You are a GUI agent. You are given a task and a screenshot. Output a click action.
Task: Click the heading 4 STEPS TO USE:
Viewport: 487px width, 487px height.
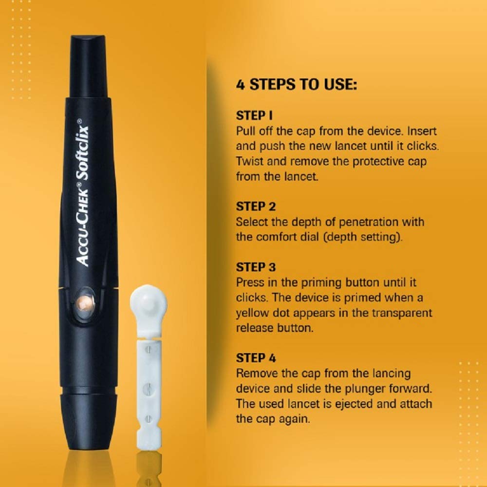(296, 84)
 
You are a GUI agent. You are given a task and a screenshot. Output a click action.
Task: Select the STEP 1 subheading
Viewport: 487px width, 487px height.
(254, 115)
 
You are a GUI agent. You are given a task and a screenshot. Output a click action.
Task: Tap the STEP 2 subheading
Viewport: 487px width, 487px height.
(256, 206)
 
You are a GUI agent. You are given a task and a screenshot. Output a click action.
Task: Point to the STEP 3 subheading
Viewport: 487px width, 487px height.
(256, 267)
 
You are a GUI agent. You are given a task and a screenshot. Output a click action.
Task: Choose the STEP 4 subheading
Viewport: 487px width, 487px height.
(256, 358)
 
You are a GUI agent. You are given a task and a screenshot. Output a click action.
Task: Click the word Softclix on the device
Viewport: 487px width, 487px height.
(83, 152)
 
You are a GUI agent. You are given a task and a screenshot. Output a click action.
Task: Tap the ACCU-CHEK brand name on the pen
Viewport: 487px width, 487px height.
(83, 227)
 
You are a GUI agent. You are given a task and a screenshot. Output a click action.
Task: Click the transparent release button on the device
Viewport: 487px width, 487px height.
(84, 303)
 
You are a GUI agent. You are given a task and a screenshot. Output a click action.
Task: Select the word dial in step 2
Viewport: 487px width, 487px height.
(309, 237)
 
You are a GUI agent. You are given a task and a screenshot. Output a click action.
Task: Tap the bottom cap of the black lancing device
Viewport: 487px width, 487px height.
(88, 418)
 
